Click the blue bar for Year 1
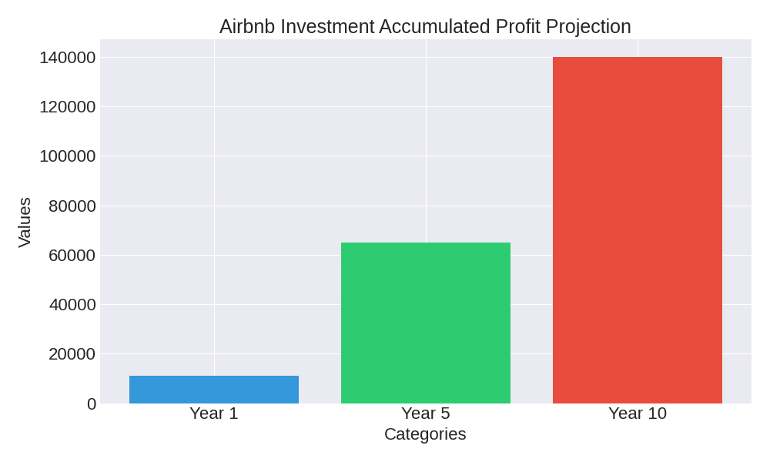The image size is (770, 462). pyautogui.click(x=214, y=390)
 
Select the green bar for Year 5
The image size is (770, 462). pyautogui.click(x=426, y=323)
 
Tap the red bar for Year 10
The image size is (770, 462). pyautogui.click(x=638, y=230)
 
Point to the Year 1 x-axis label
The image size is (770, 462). pyautogui.click(x=214, y=413)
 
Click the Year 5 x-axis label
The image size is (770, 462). pyautogui.click(x=426, y=413)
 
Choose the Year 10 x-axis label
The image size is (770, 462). pyautogui.click(x=638, y=413)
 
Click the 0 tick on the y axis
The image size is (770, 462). pyautogui.click(x=92, y=403)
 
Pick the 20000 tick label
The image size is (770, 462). pyautogui.click(x=72, y=354)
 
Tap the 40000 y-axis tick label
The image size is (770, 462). pyautogui.click(x=72, y=305)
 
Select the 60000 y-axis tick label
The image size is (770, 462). pyautogui.click(x=72, y=255)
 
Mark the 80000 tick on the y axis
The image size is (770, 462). pyautogui.click(x=72, y=206)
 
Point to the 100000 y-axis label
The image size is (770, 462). pyautogui.click(x=68, y=156)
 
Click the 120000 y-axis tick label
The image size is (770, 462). pyautogui.click(x=68, y=107)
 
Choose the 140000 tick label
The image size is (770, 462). pyautogui.click(x=68, y=58)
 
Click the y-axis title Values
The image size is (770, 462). pyautogui.click(x=25, y=222)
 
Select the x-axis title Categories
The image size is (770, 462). pyautogui.click(x=425, y=434)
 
